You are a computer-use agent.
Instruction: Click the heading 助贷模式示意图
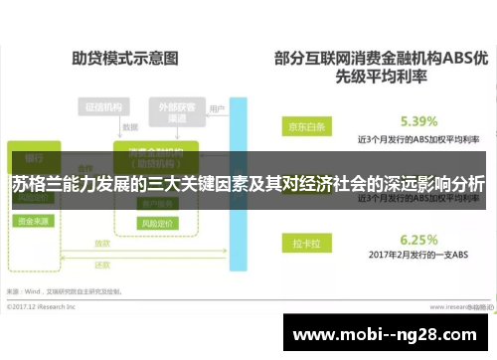109,60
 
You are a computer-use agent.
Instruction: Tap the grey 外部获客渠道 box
175,110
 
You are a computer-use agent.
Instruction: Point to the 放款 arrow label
102,244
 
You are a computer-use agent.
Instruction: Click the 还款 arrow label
102,266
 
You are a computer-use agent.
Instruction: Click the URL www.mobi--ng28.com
387,333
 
